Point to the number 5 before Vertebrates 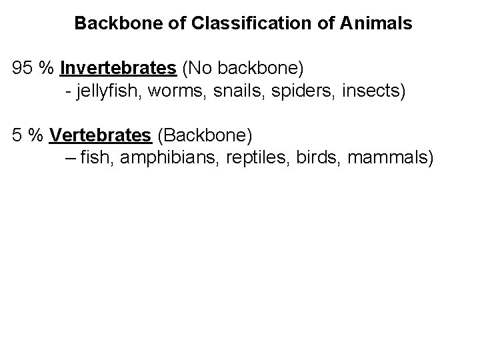(x=18, y=135)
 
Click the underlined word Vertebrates (x=100, y=135)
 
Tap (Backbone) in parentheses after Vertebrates (x=204, y=135)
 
